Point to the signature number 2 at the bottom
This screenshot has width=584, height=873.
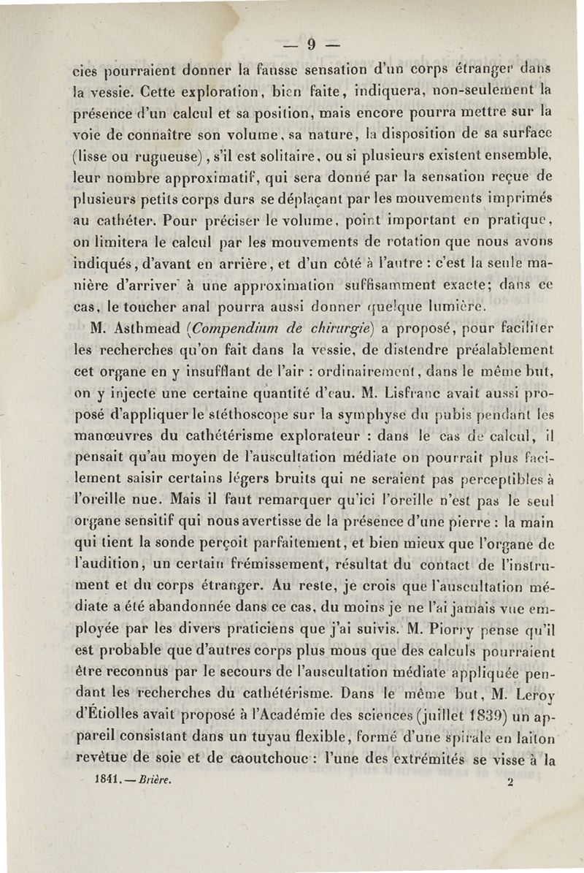click(x=510, y=780)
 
